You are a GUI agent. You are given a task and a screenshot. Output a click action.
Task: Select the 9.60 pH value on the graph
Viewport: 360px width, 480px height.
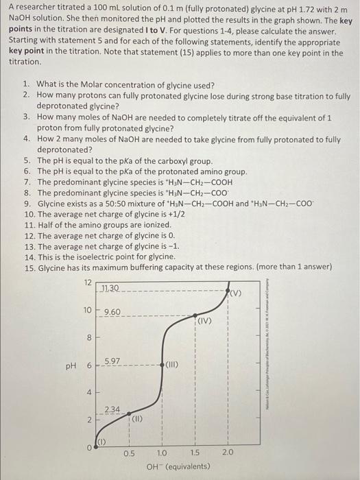tap(112, 312)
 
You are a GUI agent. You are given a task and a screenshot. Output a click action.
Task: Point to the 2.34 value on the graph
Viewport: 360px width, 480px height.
tap(112, 409)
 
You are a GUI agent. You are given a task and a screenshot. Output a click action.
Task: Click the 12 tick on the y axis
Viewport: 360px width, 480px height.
tap(87, 283)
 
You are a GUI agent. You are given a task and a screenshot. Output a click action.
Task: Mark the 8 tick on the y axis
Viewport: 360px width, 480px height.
tap(88, 337)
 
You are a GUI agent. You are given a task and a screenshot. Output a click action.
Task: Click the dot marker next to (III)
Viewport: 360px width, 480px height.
tap(163, 363)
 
